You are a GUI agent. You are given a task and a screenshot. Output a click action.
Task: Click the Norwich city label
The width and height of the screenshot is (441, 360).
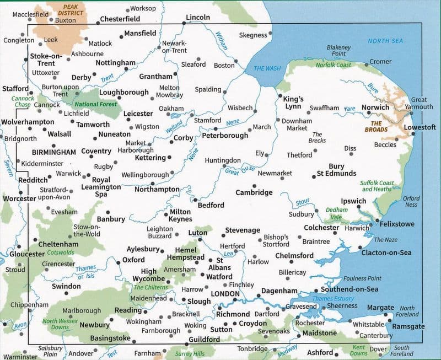click(x=375, y=108)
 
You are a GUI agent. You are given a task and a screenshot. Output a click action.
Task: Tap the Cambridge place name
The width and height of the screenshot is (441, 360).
click(x=254, y=192)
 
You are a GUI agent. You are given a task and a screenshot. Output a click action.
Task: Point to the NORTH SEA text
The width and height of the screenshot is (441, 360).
click(x=386, y=41)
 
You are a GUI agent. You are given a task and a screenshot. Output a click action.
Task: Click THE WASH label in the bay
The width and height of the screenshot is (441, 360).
click(x=267, y=68)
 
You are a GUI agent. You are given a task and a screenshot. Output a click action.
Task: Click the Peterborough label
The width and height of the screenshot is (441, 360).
click(x=225, y=135)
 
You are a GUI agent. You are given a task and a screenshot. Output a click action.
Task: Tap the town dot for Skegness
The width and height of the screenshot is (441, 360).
click(x=271, y=35)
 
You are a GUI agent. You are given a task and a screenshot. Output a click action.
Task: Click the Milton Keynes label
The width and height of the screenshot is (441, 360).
click(x=180, y=215)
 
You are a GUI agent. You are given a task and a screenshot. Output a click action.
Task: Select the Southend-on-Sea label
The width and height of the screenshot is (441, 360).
click(x=350, y=289)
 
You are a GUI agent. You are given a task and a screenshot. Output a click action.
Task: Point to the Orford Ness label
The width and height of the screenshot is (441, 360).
click(x=411, y=201)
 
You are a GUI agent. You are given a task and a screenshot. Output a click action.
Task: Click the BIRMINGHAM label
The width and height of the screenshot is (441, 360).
click(x=54, y=152)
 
